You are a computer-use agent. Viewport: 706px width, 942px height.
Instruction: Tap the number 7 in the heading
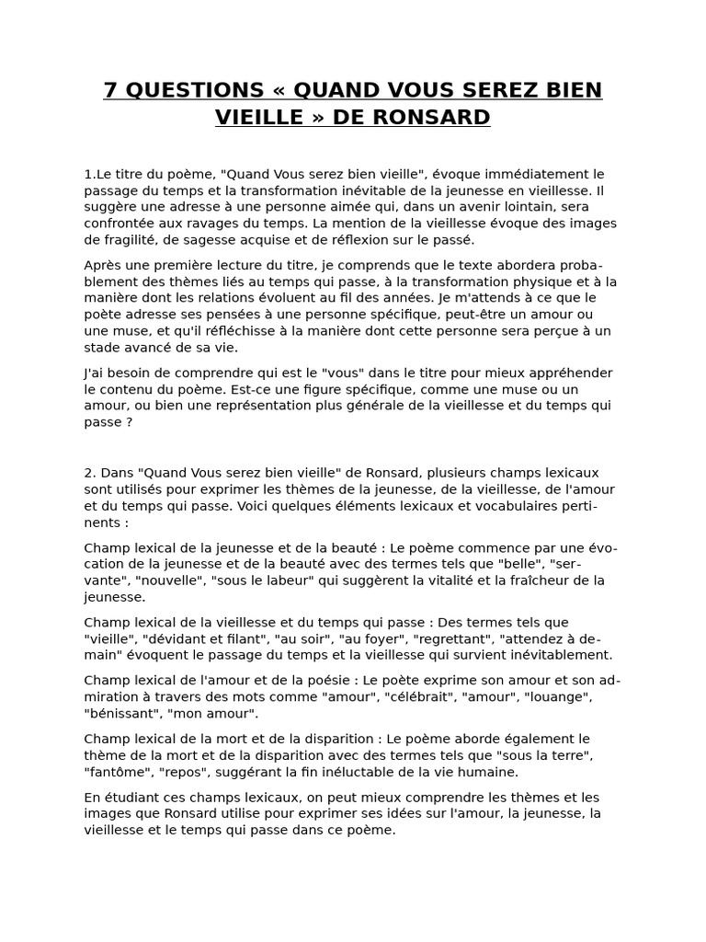click(110, 90)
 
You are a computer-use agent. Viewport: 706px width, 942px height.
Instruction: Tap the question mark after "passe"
click(129, 422)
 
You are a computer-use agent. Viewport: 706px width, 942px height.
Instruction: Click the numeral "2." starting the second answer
click(90, 473)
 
